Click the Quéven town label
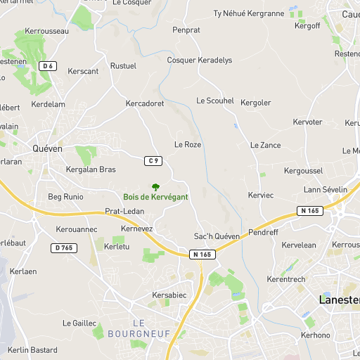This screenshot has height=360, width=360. coord(48,148)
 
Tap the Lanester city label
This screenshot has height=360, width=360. coord(340,300)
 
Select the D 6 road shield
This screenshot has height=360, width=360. coord(48,66)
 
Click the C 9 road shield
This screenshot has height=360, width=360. coord(154,161)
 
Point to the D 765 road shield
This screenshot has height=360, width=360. coord(63,247)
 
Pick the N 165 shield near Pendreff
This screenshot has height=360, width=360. coord(309,210)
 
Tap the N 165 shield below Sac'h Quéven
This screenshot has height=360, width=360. coord(200,255)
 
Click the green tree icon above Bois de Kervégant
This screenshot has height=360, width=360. coord(155,186)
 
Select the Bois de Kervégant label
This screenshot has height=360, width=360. coord(155,198)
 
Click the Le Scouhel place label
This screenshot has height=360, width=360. coord(215,101)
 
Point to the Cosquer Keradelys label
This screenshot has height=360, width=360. coord(199,60)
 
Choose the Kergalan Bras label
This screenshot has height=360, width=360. coord(90,169)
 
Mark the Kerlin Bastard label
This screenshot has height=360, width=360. coord(32,349)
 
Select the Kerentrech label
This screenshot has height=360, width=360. coord(286,279)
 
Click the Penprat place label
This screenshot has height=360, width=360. coord(186,30)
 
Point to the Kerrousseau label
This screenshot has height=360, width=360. coord(46,31)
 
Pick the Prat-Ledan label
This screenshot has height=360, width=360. coord(124,211)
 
